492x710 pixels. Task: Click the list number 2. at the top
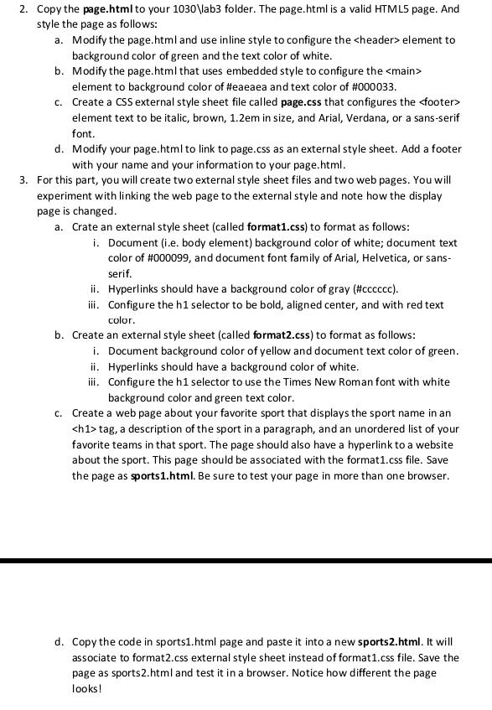[x=23, y=8]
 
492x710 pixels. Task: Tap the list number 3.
[x=23, y=180]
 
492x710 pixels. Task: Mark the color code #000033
[x=370, y=86]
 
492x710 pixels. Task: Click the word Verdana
[x=341, y=118]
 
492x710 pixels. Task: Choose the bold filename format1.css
[x=276, y=227]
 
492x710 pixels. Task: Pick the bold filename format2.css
[x=280, y=335]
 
